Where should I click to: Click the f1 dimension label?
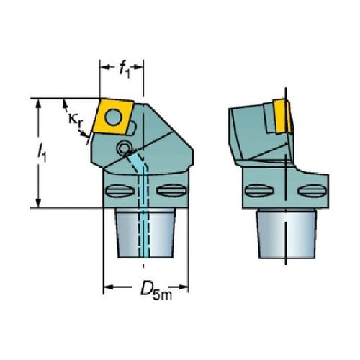125,71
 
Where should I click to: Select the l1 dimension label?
42,153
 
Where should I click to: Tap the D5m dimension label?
156,291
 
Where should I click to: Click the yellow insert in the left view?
113,117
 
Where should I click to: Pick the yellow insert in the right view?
283,116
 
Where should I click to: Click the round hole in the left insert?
113,117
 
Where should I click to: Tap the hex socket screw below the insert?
123,148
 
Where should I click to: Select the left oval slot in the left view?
120,191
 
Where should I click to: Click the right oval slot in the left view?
171,191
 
